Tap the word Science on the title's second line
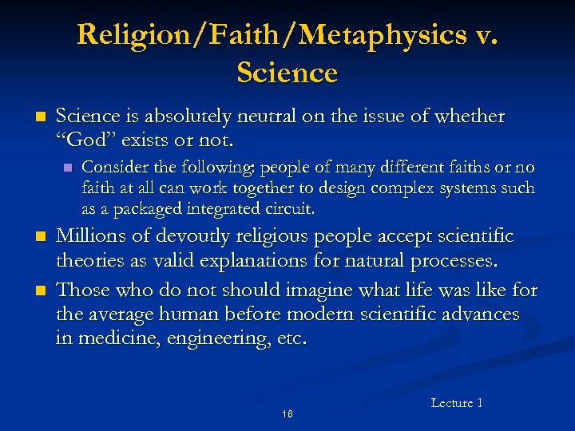click(x=287, y=73)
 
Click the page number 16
click(x=287, y=414)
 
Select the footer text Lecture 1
click(x=456, y=403)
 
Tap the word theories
click(x=90, y=261)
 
